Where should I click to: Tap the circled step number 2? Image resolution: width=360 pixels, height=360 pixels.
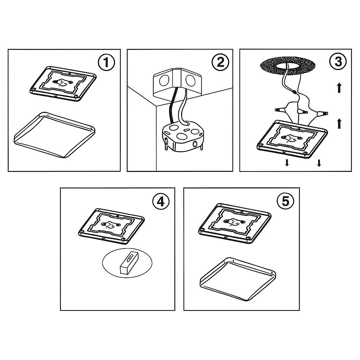(x=220, y=63)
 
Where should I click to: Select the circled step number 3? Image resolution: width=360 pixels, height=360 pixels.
(x=338, y=62)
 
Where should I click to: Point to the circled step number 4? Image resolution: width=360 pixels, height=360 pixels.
(x=160, y=201)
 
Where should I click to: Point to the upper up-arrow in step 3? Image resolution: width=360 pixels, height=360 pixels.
(x=339, y=88)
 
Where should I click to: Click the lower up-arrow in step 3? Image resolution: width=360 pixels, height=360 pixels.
(x=339, y=123)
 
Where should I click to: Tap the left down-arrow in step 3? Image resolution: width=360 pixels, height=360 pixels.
(x=287, y=163)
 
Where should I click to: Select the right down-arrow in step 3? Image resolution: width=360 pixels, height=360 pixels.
(x=319, y=163)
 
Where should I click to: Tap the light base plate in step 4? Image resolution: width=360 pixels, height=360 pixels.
(x=110, y=225)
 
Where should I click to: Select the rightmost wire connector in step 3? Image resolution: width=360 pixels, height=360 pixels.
(x=322, y=113)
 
